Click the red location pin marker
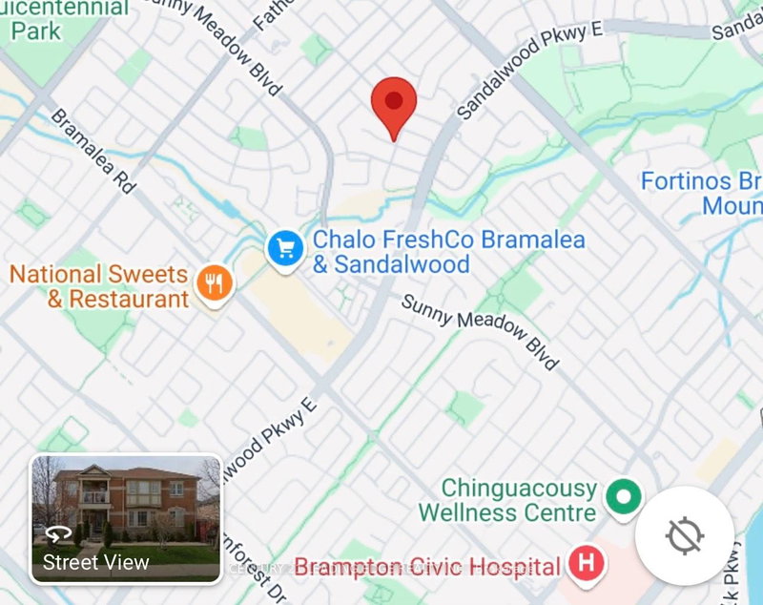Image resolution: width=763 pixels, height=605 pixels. (394, 105)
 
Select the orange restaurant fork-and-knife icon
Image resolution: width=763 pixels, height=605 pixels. (216, 283)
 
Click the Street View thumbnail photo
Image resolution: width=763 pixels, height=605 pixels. (126, 518)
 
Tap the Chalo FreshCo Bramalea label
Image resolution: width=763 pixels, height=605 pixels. (393, 252)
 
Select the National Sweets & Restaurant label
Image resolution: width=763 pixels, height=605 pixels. (99, 286)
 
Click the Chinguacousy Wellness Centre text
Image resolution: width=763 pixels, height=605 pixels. (507, 500)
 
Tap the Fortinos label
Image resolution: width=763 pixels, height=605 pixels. (702, 193)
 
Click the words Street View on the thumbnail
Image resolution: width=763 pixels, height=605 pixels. (95, 562)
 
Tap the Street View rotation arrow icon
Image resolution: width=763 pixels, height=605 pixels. (58, 533)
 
